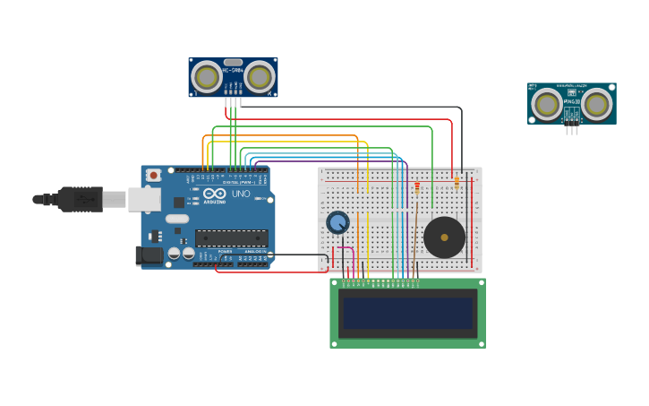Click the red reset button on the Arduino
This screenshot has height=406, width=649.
coord(154,176)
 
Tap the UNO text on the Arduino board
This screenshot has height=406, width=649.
coord(241,194)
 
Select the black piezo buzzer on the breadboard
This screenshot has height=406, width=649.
coord(444,238)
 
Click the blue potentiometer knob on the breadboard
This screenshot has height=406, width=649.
coord(337,222)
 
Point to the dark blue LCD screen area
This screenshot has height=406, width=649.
coord(407,313)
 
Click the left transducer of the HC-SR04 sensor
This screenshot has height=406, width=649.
coord(207,77)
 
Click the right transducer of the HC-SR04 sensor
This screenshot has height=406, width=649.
coord(260,77)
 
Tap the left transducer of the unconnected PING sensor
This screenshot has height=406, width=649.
coord(546,104)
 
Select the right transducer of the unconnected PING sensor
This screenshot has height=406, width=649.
coord(597,104)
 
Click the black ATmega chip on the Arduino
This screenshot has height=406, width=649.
coord(232,238)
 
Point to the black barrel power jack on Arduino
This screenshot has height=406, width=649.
coord(149,256)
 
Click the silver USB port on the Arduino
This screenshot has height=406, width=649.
coord(143,199)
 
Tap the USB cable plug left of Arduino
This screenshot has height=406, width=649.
coord(81,199)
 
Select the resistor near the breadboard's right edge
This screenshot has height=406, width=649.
coord(457,182)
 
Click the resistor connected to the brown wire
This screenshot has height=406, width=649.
coord(416,187)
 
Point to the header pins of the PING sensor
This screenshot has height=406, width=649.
coord(571,128)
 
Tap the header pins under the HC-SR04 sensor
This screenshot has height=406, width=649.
coord(234,101)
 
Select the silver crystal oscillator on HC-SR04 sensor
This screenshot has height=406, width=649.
coord(233,63)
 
